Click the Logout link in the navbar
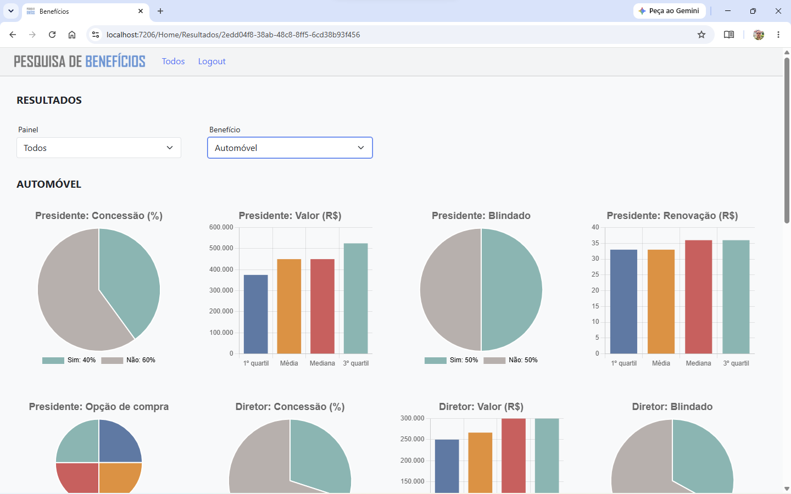(211, 61)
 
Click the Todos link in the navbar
(173, 61)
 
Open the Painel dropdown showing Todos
(99, 148)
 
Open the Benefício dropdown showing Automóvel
(290, 148)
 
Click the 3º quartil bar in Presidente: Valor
(355, 299)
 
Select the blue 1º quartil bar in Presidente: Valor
(255, 314)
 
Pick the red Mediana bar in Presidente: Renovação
(698, 297)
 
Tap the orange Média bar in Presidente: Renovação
(661, 302)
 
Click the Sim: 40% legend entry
(69, 360)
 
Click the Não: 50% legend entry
(510, 360)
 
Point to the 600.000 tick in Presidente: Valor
(221, 227)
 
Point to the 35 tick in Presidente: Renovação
(595, 243)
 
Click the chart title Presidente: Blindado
(481, 216)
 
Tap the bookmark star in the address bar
(701, 35)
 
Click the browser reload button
(52, 35)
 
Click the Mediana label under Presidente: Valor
(322, 363)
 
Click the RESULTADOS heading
(49, 100)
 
